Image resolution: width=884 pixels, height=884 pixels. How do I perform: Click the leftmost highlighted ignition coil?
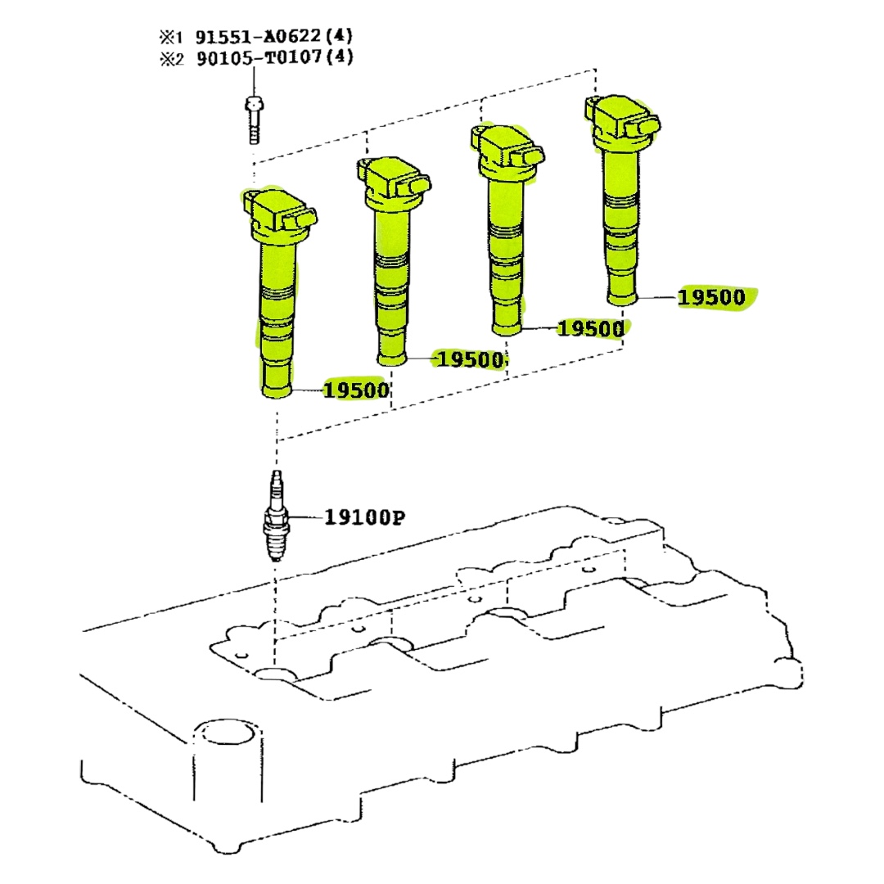point(277,303)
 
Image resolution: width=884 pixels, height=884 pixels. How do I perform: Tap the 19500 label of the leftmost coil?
point(355,390)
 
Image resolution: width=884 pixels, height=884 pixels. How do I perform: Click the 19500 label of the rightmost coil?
point(711,297)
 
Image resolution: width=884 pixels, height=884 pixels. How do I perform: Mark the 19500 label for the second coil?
point(469,359)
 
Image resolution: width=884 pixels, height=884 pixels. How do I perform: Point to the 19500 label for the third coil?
point(589,329)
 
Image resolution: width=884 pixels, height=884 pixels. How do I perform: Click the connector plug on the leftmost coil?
point(299,220)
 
